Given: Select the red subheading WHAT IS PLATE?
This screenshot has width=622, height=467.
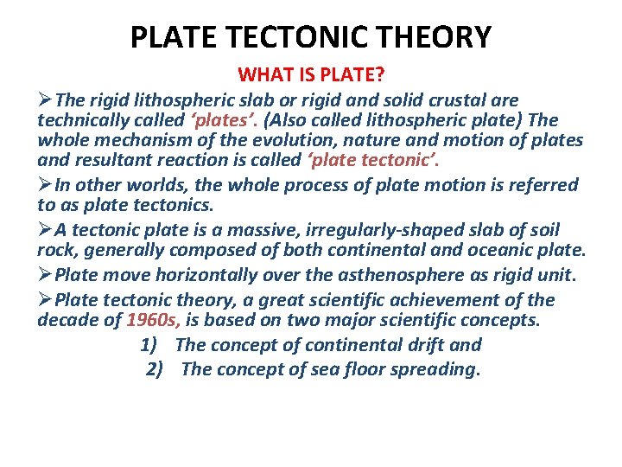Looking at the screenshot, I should pos(310,75).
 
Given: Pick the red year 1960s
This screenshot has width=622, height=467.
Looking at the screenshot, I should pos(153,320).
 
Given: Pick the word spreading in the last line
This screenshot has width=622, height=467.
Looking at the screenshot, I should pos(438,369).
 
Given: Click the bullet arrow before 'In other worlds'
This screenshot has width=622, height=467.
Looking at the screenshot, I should pos(45,185).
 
